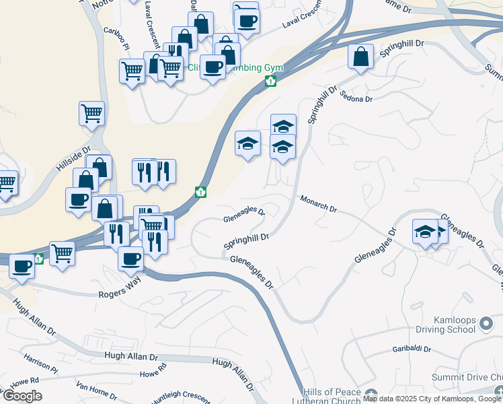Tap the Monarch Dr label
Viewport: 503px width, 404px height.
pyautogui.click(x=318, y=203)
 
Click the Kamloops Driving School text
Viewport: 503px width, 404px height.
pyautogui.click(x=444, y=325)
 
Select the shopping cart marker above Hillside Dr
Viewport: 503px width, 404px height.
pyautogui.click(x=91, y=113)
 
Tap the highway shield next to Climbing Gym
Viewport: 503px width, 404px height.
pyautogui.click(x=270, y=81)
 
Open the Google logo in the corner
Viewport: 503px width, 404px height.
pyautogui.click(x=24, y=396)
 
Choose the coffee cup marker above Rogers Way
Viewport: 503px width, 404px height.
pyautogui.click(x=131, y=258)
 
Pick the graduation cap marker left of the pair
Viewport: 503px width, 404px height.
pyautogui.click(x=248, y=143)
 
